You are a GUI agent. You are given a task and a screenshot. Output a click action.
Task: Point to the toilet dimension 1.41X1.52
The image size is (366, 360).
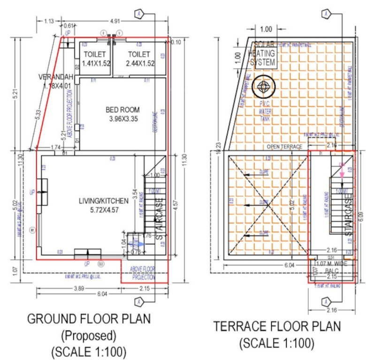coord(96,63)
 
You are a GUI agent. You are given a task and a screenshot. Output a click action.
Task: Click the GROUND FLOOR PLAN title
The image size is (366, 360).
coord(89,319)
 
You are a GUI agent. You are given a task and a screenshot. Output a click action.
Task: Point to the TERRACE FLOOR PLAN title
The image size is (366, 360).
coord(277,326)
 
